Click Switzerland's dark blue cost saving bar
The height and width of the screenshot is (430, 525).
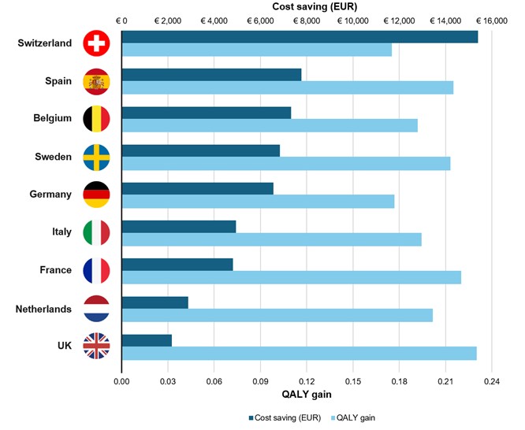click(x=300, y=37)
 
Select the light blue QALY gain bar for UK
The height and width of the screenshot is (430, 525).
click(x=299, y=353)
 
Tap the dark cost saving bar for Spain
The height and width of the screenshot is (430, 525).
click(x=211, y=75)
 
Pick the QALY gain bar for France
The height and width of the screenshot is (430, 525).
click(x=291, y=277)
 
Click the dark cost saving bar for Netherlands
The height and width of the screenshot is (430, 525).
click(x=155, y=302)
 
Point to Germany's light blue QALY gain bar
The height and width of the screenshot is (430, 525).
click(x=258, y=202)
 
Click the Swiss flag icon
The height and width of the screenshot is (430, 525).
click(x=97, y=43)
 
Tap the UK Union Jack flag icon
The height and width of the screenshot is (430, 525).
click(x=97, y=347)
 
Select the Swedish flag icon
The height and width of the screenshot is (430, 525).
click(x=97, y=158)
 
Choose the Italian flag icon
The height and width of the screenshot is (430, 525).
click(x=97, y=232)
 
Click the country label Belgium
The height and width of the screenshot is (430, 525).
click(x=53, y=119)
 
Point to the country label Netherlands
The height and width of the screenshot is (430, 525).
click(x=44, y=309)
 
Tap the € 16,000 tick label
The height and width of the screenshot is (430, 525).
click(x=490, y=21)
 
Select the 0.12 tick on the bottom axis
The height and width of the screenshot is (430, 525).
click(x=306, y=381)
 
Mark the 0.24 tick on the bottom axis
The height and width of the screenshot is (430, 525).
click(x=490, y=381)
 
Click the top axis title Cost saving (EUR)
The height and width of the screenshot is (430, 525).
click(x=304, y=7)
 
